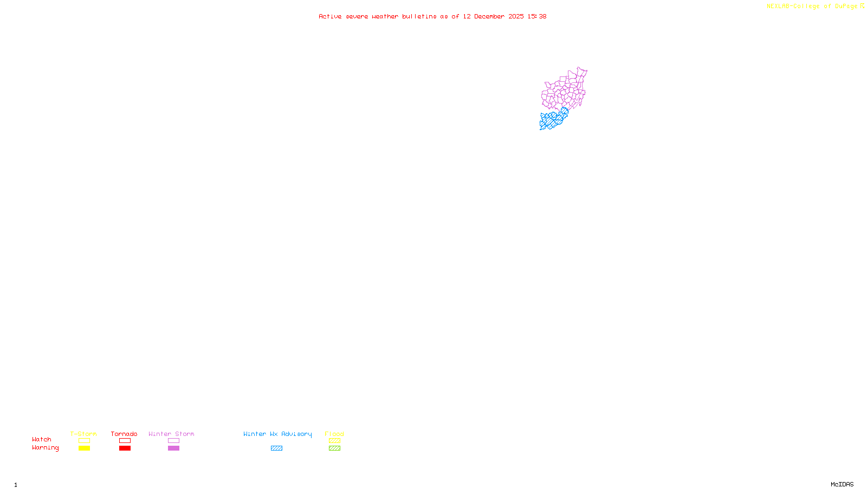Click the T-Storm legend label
coord(83,434)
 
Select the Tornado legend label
coord(124,434)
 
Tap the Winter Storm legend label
coord(171,434)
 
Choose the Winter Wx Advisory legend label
coord(277,434)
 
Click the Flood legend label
coord(334,434)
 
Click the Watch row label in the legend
coord(42,439)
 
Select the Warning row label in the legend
coord(45,448)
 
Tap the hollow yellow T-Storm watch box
coord(84,441)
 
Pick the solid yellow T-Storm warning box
coord(84,448)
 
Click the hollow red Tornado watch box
coord(125,441)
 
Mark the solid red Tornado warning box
coord(125,448)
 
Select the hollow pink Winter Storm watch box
coord(173,441)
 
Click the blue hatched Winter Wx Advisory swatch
coord(276,448)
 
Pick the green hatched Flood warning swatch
coord(334,448)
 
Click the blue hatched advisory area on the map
coord(552,120)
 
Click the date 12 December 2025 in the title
coord(493,16)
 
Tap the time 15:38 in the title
coord(537,16)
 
